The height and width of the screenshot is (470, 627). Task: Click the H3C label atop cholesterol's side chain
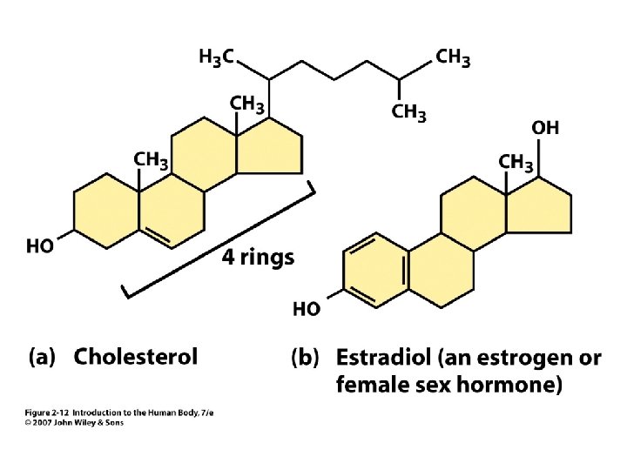tap(216, 58)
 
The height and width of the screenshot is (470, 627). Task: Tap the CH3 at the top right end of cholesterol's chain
tap(453, 57)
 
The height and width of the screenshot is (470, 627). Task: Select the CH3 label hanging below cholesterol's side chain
tap(408, 112)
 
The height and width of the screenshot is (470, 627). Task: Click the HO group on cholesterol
tap(41, 246)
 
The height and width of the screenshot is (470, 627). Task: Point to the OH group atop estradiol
tap(545, 128)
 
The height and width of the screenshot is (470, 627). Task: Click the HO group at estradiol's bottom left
tap(306, 308)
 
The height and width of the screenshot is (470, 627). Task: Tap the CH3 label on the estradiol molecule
tap(516, 163)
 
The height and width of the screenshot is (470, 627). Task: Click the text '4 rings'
tap(258, 258)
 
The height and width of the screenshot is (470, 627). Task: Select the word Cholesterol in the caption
tap(136, 356)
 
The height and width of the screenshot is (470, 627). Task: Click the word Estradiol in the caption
tap(384, 358)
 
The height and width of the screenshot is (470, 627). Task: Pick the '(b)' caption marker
tap(307, 358)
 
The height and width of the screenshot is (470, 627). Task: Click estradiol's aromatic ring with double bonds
tap(374, 270)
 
